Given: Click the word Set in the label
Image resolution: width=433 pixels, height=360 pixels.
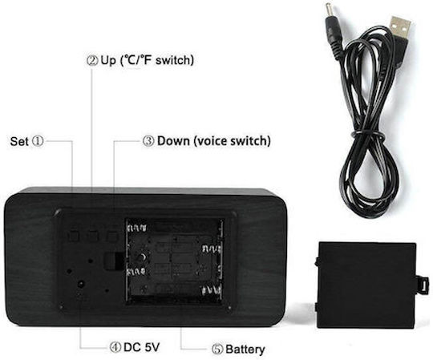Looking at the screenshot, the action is click(x=19, y=141).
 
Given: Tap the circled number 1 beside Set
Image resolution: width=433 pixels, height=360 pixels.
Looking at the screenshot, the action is click(x=38, y=141).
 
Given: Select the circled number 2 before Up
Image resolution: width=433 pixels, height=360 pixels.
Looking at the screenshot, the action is click(x=92, y=60).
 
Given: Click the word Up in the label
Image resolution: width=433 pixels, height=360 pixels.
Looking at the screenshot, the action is click(x=108, y=61).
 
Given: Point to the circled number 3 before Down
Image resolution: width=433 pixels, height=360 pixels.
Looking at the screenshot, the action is click(x=148, y=141).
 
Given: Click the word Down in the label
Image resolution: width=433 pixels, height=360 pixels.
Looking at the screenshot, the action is click(x=173, y=141).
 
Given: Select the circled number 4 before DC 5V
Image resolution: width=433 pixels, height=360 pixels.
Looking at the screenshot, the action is click(x=115, y=347).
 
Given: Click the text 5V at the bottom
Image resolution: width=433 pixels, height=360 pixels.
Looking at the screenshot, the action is click(x=152, y=347).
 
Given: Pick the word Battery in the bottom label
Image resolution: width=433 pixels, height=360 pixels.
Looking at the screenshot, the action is click(x=245, y=350).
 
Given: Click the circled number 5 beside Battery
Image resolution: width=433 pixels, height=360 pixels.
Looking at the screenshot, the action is click(x=217, y=350).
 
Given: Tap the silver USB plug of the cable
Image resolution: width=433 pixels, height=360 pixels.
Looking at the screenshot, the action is click(x=400, y=27).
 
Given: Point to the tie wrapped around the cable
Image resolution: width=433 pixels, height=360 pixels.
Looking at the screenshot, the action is click(x=367, y=135).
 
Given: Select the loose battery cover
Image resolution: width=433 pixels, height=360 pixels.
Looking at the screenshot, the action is click(x=367, y=285).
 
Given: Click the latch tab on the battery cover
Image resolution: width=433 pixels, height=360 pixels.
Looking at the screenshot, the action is click(x=423, y=285).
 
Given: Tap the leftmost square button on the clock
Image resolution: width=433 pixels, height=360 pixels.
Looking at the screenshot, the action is click(x=74, y=236).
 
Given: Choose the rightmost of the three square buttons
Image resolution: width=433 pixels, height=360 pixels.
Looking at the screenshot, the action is click(x=112, y=237).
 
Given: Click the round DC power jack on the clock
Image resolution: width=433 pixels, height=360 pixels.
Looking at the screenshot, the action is click(x=81, y=284).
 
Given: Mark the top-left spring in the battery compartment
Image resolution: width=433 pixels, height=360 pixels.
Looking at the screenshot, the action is click(x=136, y=228).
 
